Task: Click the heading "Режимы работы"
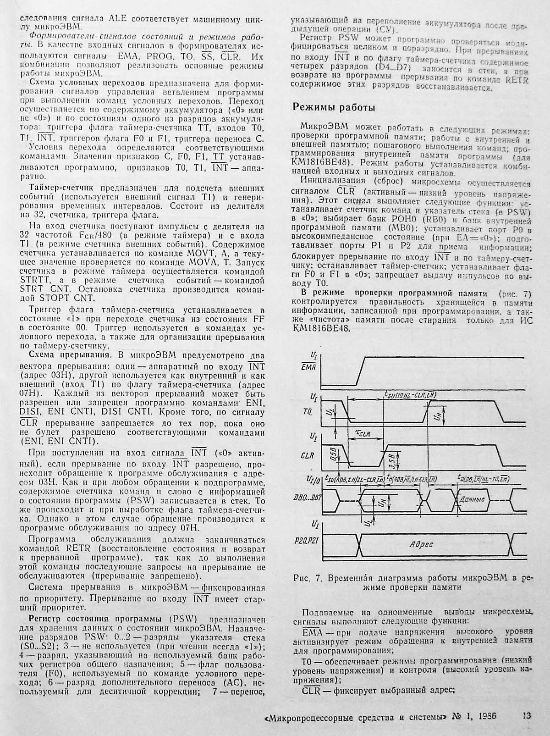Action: point(334,107)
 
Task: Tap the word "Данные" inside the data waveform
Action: point(472,498)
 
